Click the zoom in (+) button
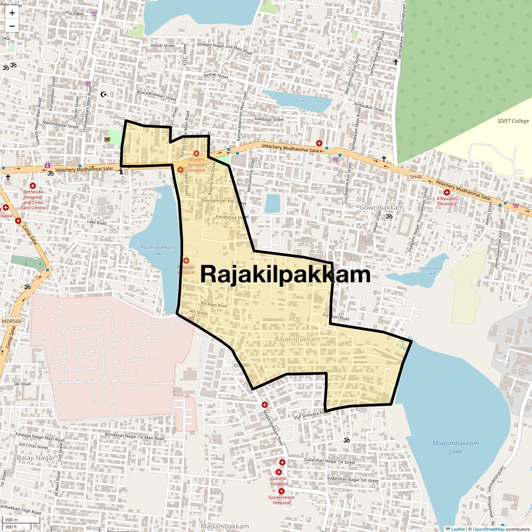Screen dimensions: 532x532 click(x=12, y=13)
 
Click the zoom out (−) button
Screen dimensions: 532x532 click(x=12, y=26)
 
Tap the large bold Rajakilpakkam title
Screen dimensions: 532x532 click(x=285, y=274)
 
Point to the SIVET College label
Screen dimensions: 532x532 click(x=513, y=121)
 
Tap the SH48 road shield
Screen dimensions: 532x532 click(x=415, y=177)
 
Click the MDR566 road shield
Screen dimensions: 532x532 click(x=11, y=321)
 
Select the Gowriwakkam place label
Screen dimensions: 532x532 click(x=381, y=207)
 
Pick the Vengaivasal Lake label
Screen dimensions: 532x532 click(x=430, y=271)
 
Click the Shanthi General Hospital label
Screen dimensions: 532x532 click(x=196, y=165)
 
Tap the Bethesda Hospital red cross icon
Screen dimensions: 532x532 click(x=33, y=186)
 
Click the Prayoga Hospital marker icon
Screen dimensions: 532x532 click(x=186, y=260)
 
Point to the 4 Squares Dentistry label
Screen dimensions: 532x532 click(x=446, y=201)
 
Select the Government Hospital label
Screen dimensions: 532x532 click(x=281, y=500)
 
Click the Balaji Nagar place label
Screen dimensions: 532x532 click(x=36, y=458)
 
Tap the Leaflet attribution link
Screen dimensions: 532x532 click(x=458, y=529)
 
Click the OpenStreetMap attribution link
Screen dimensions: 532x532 click(x=488, y=529)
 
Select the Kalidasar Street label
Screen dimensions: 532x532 click(x=269, y=119)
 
